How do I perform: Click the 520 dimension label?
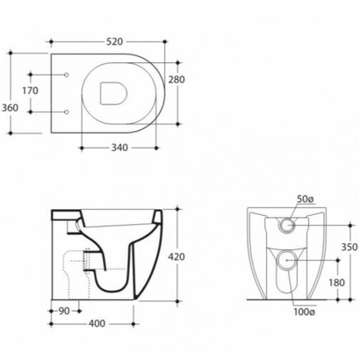click(114, 42)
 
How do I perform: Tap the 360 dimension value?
click(11, 108)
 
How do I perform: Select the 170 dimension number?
click(31, 90)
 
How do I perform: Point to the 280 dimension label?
click(176, 79)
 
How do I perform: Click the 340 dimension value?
click(119, 148)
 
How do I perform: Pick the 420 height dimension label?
click(176, 256)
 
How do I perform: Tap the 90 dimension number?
click(64, 311)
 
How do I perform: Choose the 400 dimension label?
click(97, 324)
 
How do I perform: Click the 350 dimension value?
click(349, 247)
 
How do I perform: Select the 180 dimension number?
click(336, 283)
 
